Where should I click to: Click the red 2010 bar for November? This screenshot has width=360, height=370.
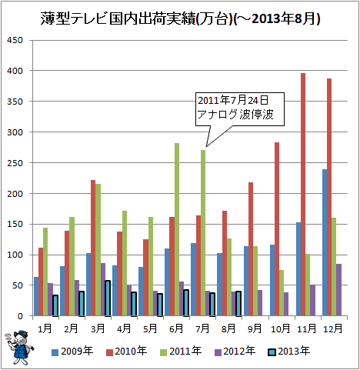(303, 195)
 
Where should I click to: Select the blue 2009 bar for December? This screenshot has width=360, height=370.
(325, 242)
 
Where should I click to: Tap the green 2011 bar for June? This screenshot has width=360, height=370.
(177, 229)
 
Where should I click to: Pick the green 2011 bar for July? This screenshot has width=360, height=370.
(203, 233)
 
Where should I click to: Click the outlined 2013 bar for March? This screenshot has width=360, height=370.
(108, 298)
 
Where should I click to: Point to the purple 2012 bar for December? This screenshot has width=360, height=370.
(338, 290)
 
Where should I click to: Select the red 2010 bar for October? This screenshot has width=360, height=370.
(277, 229)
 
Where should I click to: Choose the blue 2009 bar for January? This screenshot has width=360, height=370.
(36, 296)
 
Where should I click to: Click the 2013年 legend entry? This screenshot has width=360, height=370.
(289, 351)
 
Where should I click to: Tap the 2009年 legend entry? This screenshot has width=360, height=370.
(72, 351)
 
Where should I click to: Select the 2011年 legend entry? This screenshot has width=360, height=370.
(181, 351)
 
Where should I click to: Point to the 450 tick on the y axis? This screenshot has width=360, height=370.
(15, 40)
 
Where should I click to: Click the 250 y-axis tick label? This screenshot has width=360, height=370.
(15, 163)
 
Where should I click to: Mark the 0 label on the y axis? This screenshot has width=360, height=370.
(20, 316)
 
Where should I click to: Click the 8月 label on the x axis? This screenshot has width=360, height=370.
(228, 328)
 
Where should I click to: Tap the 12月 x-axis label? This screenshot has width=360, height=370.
(333, 328)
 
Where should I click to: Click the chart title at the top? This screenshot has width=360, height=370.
(180, 19)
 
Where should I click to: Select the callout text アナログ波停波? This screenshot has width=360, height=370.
(235, 115)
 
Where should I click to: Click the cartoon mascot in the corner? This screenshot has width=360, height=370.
(19, 348)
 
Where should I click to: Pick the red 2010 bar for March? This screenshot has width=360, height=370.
(93, 248)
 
